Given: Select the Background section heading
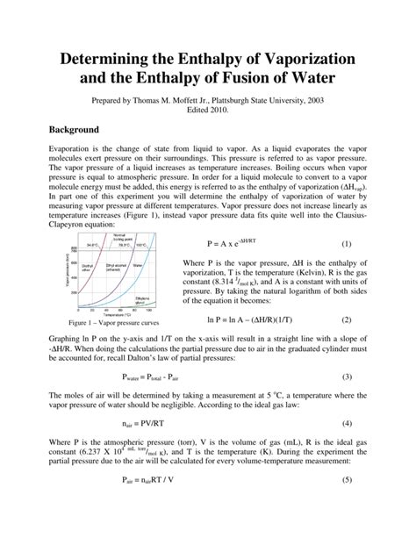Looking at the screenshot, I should [x=81, y=130].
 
